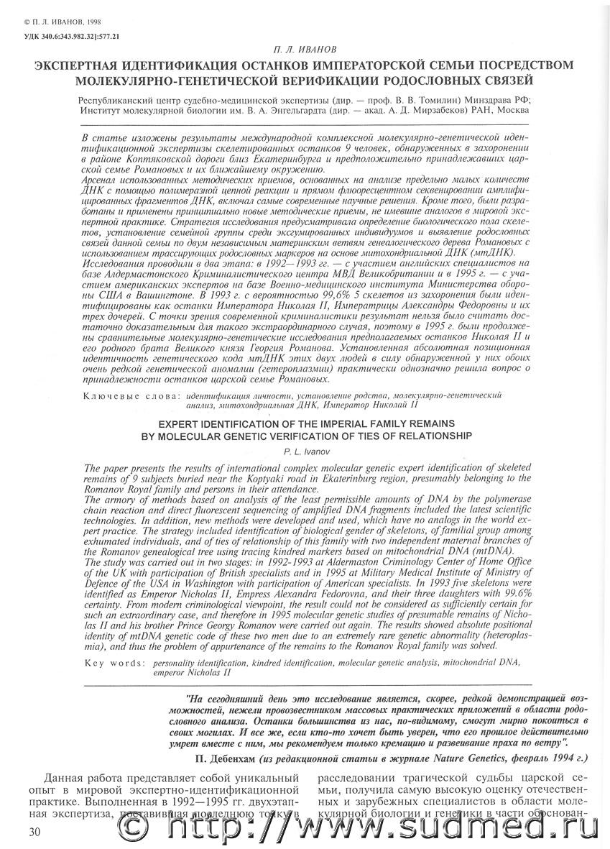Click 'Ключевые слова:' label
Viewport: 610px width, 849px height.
pos(132,395)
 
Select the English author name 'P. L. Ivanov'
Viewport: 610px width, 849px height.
pos(305,448)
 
